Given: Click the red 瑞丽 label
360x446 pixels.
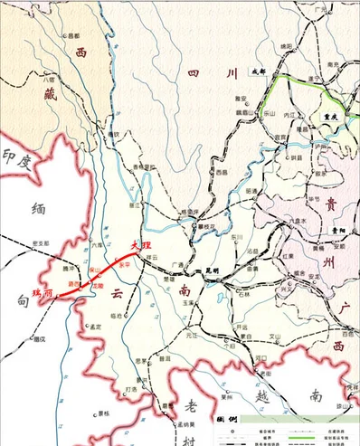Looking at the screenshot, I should click(x=43, y=292).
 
